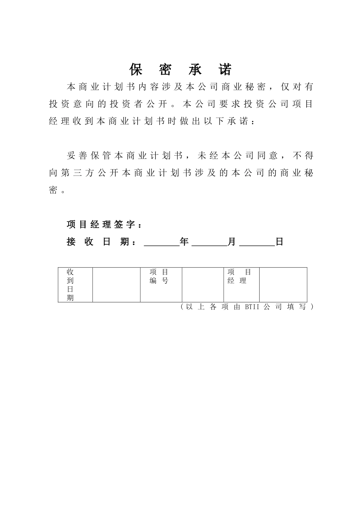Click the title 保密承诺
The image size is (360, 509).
(180, 69)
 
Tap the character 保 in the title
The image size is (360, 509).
(136, 69)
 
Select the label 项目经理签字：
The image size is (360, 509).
(105, 225)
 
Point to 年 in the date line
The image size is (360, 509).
(185, 242)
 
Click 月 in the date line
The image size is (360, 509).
(232, 242)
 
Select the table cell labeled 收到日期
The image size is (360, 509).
(70, 285)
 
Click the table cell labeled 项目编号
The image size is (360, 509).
(159, 276)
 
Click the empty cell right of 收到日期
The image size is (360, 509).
(116, 285)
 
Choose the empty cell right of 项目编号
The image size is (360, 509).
(203, 285)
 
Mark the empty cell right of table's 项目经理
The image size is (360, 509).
(283, 285)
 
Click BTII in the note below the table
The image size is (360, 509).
(252, 307)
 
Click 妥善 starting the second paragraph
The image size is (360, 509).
(77, 155)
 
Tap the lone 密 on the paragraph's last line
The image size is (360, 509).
(53, 190)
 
